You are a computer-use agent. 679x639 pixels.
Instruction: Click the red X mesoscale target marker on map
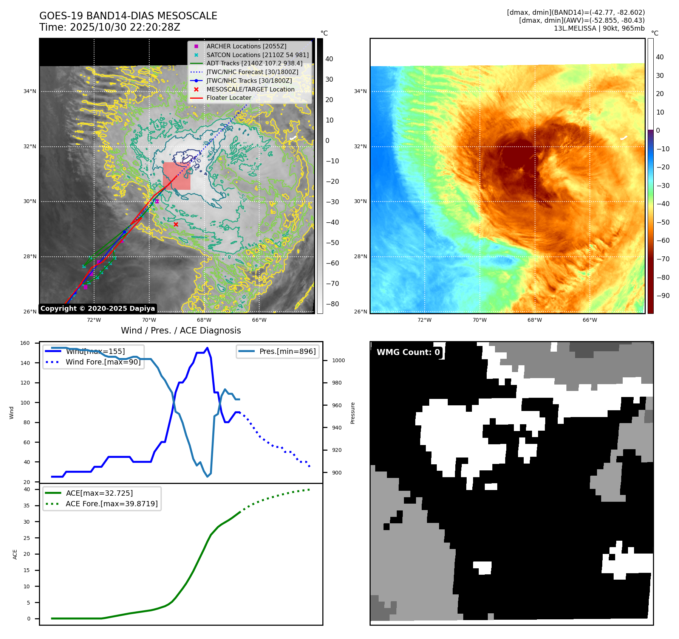(x=176, y=224)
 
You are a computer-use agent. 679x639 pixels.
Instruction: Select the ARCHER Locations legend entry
(x=246, y=46)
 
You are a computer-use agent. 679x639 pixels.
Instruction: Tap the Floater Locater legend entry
(x=229, y=98)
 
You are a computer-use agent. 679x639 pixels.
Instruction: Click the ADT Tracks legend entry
(x=254, y=63)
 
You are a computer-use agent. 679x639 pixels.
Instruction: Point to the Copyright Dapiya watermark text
(x=97, y=309)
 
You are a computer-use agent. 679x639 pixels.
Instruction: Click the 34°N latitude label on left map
(x=30, y=91)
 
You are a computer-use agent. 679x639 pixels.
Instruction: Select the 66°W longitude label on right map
(x=589, y=320)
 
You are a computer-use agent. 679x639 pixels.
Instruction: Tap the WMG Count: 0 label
(x=408, y=352)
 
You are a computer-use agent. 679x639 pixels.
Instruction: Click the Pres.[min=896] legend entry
(x=287, y=351)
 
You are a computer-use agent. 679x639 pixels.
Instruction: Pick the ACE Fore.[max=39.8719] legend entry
(x=111, y=504)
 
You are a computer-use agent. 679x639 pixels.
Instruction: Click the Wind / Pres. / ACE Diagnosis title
(x=181, y=330)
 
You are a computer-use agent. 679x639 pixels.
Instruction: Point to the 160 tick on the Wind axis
(x=25, y=343)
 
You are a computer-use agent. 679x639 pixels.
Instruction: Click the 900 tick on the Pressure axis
(x=337, y=473)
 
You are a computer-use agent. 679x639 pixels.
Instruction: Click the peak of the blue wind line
(x=207, y=348)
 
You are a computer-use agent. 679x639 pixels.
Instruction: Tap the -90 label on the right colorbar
(x=663, y=296)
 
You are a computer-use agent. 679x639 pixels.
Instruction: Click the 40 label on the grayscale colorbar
(x=329, y=59)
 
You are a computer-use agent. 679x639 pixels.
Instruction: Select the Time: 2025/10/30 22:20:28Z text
(x=110, y=27)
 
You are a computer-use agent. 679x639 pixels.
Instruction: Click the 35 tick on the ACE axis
(x=26, y=506)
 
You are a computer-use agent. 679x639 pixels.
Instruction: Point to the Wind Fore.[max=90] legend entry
(x=103, y=362)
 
